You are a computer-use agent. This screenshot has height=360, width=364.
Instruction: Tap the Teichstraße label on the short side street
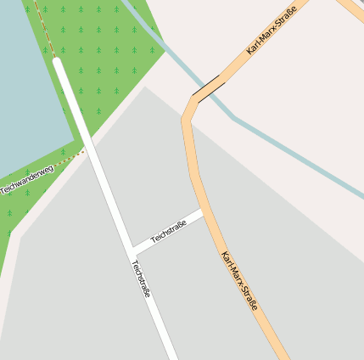pyautogui.click(x=168, y=232)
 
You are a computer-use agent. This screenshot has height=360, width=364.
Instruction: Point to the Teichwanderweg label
pyautogui.click(x=27, y=178)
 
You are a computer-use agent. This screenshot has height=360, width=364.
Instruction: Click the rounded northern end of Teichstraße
pyautogui.click(x=58, y=61)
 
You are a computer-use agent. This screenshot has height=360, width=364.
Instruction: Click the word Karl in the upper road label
pyautogui.click(x=252, y=49)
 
